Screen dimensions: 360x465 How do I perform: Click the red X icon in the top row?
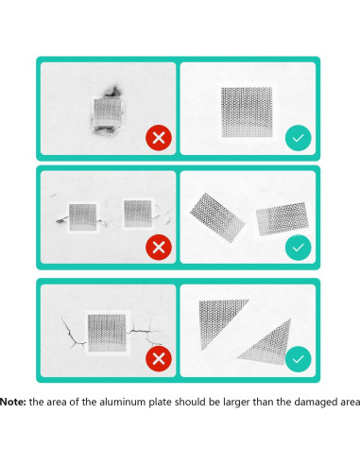[x=159, y=138]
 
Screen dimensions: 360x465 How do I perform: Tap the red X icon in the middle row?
[x=159, y=248]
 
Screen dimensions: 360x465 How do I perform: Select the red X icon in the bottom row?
[x=159, y=358]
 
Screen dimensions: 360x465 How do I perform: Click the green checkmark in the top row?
[x=299, y=138]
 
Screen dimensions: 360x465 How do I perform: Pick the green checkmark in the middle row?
[x=299, y=248]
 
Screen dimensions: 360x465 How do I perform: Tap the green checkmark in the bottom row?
[x=299, y=359]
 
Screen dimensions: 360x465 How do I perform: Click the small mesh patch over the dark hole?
[x=107, y=112]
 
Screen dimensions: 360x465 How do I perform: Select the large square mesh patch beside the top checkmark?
[x=247, y=112]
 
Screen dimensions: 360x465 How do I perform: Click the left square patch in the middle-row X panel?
[x=83, y=217]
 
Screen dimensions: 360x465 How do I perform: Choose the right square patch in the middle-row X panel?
[x=138, y=214]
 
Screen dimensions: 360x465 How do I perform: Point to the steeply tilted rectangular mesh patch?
[x=217, y=217]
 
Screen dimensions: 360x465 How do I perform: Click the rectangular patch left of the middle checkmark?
[x=282, y=218]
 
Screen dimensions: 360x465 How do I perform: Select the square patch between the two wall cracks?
[x=107, y=333]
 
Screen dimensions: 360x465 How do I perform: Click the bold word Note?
[x=13, y=402]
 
